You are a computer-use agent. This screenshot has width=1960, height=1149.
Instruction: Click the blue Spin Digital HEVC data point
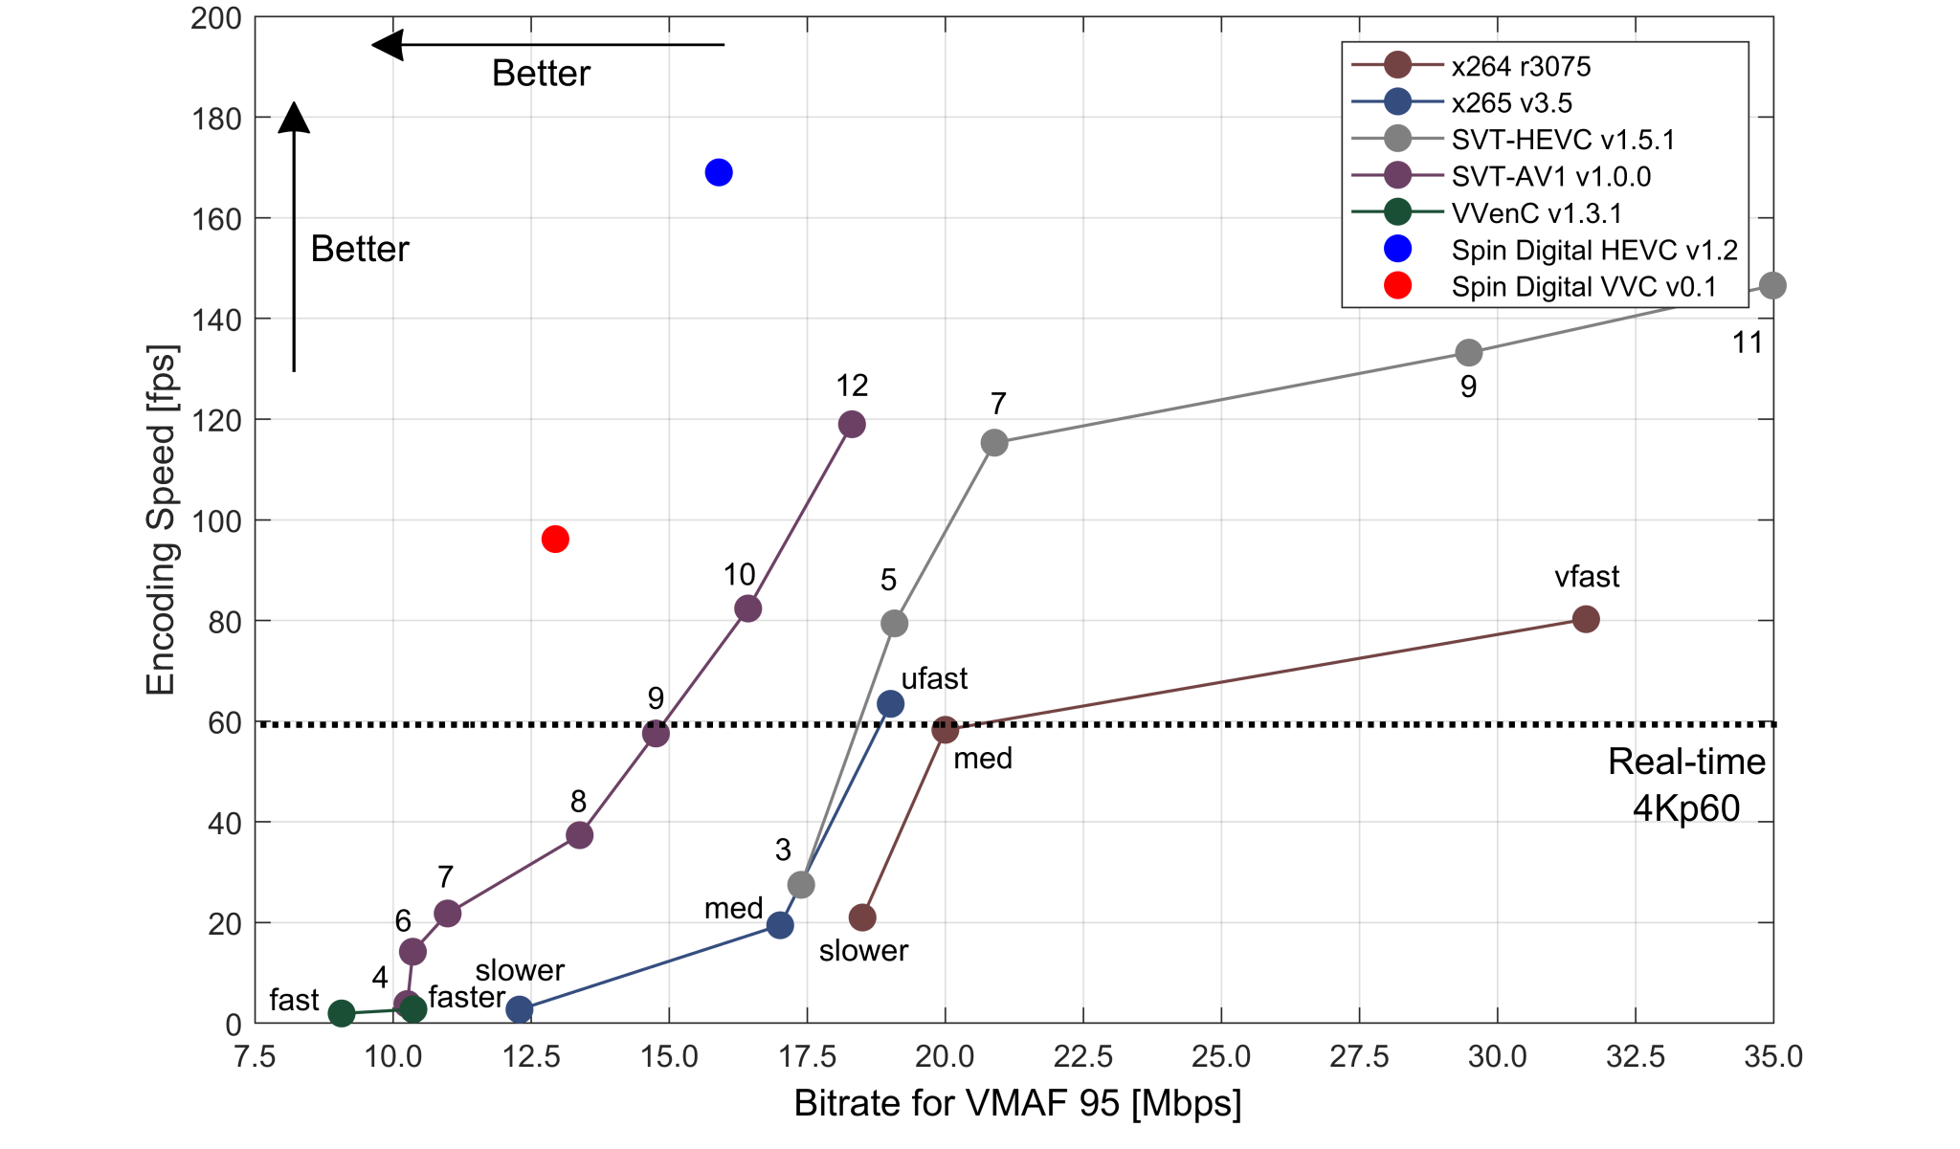[719, 172]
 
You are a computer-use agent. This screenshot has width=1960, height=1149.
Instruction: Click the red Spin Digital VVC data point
[555, 540]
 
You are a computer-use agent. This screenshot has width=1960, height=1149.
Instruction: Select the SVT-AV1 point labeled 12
[852, 424]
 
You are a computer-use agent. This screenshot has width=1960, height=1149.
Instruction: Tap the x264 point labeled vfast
[1586, 619]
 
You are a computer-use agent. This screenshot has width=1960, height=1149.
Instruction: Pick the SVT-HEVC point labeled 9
[1468, 353]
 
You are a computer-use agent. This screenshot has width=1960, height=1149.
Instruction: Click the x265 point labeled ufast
[890, 704]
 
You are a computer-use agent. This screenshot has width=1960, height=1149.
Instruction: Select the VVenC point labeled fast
[342, 1013]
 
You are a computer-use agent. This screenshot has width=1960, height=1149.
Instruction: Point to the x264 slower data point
[862, 917]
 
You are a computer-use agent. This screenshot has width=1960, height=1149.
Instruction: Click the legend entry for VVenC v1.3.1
[1536, 212]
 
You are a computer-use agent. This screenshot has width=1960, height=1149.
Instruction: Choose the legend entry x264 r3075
[1520, 66]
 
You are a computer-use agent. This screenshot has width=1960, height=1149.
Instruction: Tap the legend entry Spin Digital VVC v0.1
[1583, 286]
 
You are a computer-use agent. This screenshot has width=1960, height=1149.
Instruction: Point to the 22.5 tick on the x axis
[1083, 1057]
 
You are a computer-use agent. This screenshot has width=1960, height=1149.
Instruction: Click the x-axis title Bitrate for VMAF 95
[1017, 1103]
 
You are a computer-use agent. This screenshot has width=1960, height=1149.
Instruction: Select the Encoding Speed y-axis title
[161, 520]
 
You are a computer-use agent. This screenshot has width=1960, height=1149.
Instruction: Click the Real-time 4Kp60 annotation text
[1686, 784]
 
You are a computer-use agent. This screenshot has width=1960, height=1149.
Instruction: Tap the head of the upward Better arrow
[294, 116]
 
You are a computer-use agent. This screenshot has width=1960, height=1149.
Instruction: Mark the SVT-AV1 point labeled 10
[747, 608]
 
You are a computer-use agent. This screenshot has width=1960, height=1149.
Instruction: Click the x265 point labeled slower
[519, 1008]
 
